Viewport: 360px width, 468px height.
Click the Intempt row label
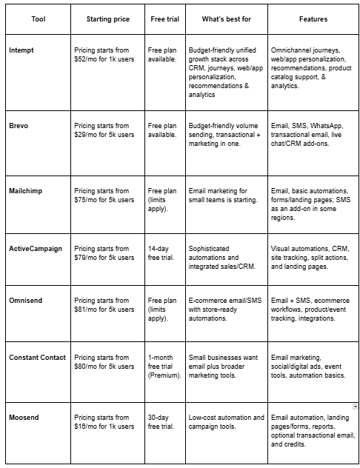click(x=24, y=50)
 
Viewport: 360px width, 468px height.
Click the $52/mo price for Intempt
click(x=87, y=59)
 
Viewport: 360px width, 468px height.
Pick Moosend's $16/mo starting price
click(x=87, y=427)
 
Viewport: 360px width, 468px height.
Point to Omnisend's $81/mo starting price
click(x=87, y=310)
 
